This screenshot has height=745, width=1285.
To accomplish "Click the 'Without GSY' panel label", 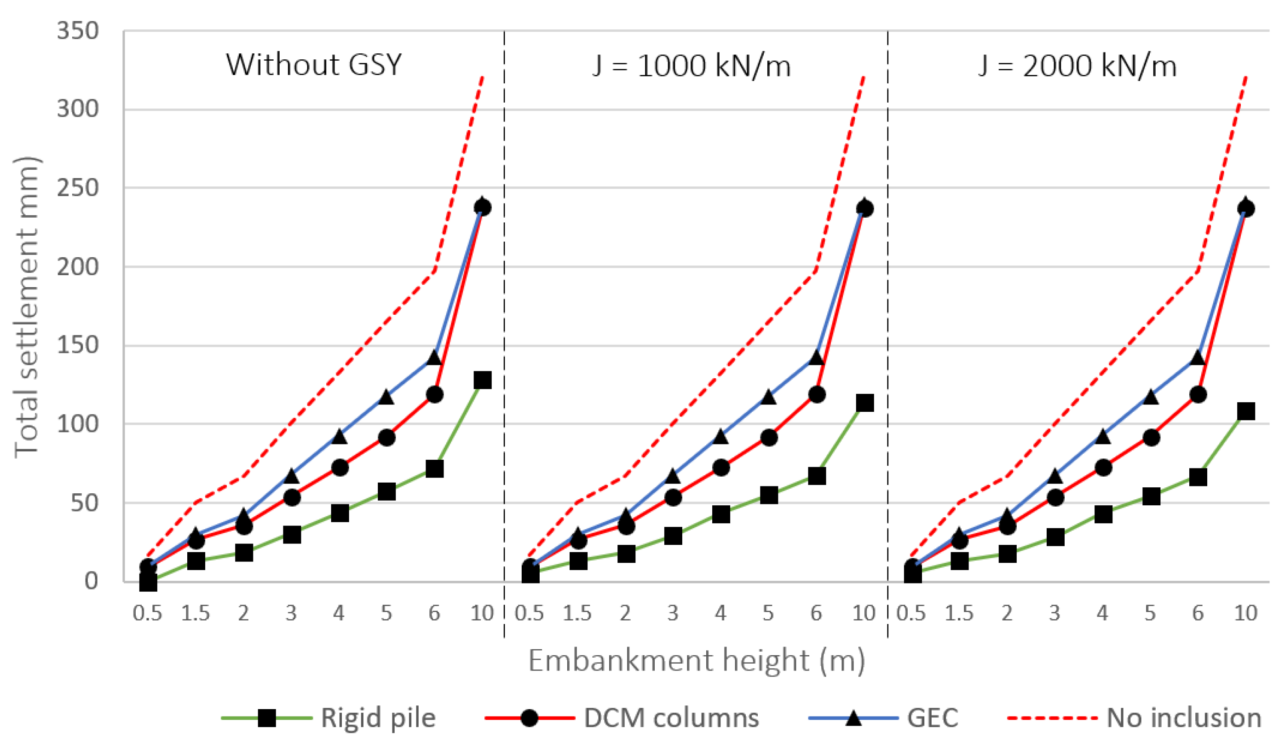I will click(314, 65).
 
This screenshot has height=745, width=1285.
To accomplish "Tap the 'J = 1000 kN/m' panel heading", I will click(691, 66).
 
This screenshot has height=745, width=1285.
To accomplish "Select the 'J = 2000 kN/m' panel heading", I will click(1077, 66).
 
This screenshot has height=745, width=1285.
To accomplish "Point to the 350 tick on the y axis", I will click(77, 31).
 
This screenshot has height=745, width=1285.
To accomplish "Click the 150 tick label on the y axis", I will click(77, 345).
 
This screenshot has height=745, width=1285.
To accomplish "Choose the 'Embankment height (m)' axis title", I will click(697, 661).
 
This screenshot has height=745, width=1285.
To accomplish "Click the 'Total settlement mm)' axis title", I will click(27, 306).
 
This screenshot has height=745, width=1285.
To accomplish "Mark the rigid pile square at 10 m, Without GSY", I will click(482, 380).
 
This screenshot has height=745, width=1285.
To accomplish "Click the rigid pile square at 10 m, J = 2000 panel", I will click(1246, 411).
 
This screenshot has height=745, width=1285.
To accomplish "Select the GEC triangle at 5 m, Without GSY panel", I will click(386, 397).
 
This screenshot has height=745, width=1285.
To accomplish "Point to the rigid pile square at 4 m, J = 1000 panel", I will click(720, 514).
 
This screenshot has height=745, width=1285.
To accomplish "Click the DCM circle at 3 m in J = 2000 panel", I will click(1055, 497).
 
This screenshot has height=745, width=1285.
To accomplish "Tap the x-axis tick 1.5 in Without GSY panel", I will click(195, 613).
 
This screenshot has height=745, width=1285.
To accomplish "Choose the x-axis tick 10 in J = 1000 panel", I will click(864, 613).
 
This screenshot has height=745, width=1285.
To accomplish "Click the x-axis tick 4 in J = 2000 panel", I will click(1102, 613).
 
